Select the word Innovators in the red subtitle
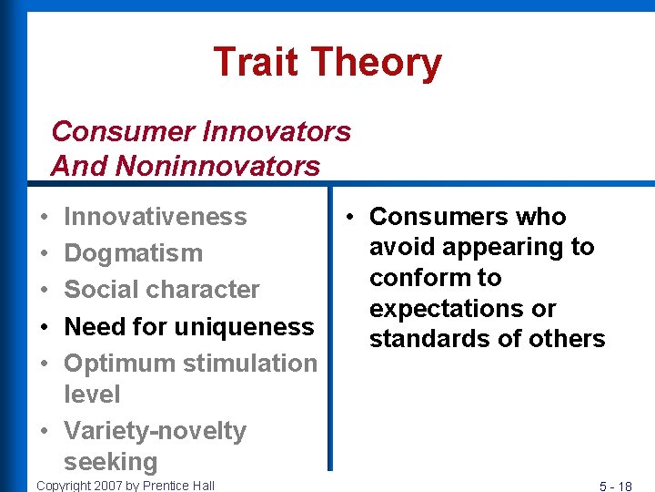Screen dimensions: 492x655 click(276, 131)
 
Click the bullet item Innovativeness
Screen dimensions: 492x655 click(156, 217)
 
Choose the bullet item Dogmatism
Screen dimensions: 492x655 click(134, 253)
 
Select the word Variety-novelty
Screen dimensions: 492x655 click(156, 430)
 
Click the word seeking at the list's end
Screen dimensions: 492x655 click(110, 462)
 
